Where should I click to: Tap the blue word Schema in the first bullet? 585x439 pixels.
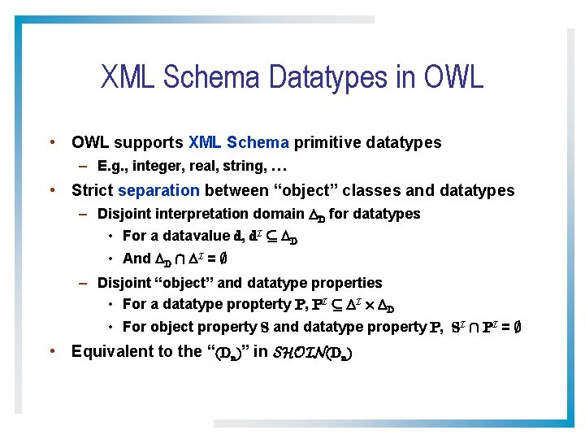(x=258, y=143)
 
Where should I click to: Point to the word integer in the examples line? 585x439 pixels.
(x=154, y=167)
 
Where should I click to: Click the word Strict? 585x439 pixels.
(x=93, y=191)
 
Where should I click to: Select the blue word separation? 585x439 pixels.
(x=158, y=191)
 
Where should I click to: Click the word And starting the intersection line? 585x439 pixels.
(x=136, y=259)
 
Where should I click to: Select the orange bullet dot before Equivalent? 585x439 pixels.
(x=52, y=351)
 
